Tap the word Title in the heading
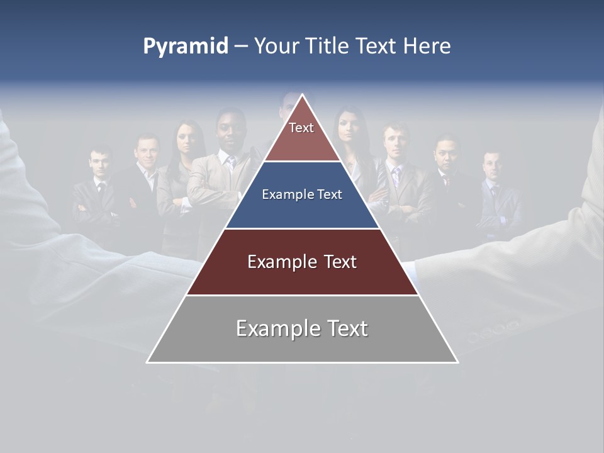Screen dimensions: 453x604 pyautogui.click(x=329, y=47)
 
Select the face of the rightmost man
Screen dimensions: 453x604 pyautogui.click(x=491, y=165)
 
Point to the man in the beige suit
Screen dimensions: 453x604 pyautogui.click(x=220, y=182)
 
